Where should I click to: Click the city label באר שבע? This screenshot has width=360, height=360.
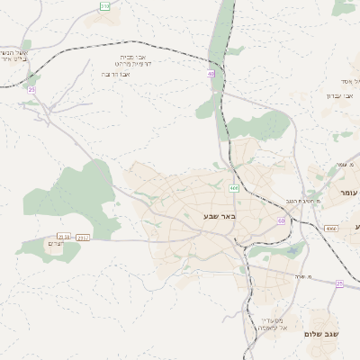pyautogui.click(x=218, y=217)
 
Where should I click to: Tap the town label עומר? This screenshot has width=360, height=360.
pyautogui.click(x=348, y=193)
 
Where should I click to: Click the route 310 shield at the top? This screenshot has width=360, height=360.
pyautogui.click(x=104, y=6)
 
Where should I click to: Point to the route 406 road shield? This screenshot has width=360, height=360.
pyautogui.click(x=233, y=188)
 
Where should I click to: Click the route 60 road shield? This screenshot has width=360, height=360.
pyautogui.click(x=281, y=220)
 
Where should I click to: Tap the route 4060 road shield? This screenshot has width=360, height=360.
pyautogui.click(x=330, y=229)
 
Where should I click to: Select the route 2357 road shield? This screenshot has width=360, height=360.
pyautogui.click(x=85, y=238)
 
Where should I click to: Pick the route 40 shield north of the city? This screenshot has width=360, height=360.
pyautogui.click(x=210, y=74)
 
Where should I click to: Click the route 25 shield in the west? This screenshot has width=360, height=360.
pyautogui.click(x=31, y=90)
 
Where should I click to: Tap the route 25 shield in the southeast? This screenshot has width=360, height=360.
pyautogui.click(x=339, y=283)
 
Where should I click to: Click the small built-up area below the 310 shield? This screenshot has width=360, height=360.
pyautogui.click(x=107, y=18)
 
